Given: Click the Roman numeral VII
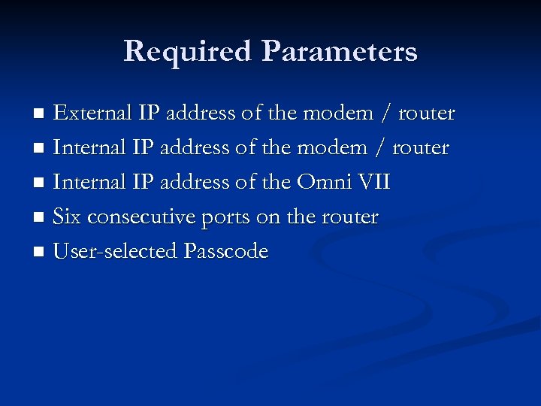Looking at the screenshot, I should [x=375, y=183].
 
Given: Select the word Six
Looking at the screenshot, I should [x=67, y=217].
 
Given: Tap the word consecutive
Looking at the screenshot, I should [x=141, y=218].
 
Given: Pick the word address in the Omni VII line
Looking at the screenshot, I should [x=197, y=183].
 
